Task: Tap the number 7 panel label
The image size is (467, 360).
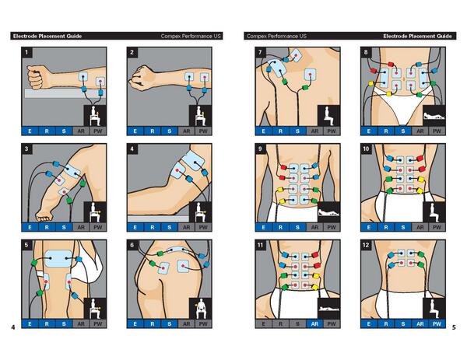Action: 260,53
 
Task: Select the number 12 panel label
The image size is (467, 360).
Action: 367,246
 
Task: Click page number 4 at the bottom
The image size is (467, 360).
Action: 12,327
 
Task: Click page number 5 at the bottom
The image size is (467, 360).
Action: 455,327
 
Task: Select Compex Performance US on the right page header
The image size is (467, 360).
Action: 276,36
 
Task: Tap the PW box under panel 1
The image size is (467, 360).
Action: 97,130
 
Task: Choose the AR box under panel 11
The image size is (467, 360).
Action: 314,323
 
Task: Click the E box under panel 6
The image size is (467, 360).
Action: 135,323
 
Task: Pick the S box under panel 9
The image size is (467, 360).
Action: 297,226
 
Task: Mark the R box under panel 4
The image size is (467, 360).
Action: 153,226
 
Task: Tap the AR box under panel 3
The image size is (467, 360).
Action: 80,226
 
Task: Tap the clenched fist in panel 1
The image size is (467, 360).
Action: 34,76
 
